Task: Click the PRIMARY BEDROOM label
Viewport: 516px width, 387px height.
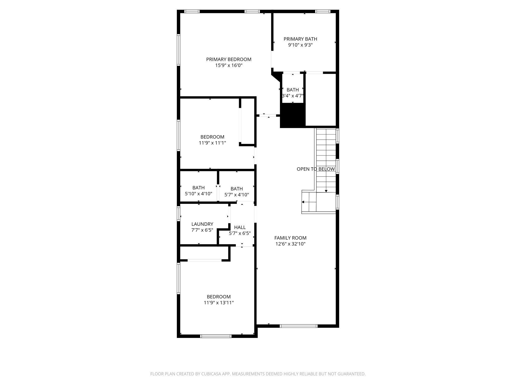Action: (229, 59)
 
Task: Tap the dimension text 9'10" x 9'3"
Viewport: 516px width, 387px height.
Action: (300, 45)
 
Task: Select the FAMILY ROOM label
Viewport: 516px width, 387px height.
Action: (290, 238)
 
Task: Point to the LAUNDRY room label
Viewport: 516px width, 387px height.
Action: (202, 224)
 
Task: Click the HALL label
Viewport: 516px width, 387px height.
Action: (240, 227)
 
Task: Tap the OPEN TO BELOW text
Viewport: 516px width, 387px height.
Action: (316, 169)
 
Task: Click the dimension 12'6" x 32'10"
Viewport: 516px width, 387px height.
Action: (290, 244)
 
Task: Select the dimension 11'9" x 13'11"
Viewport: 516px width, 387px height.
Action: (219, 303)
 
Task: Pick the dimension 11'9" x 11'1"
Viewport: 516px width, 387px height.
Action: (212, 143)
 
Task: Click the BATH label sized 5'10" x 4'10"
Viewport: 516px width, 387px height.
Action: (198, 188)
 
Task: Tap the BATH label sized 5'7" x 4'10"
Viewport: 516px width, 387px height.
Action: (237, 189)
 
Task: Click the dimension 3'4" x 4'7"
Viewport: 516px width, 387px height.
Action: (293, 96)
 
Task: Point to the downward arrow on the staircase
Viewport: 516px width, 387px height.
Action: (326, 191)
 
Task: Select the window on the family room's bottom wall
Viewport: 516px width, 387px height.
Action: (299, 326)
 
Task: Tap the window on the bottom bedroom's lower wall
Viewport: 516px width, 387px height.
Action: (216, 336)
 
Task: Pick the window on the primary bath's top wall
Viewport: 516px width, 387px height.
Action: (322, 11)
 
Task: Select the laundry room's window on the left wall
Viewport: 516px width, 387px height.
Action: (179, 214)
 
